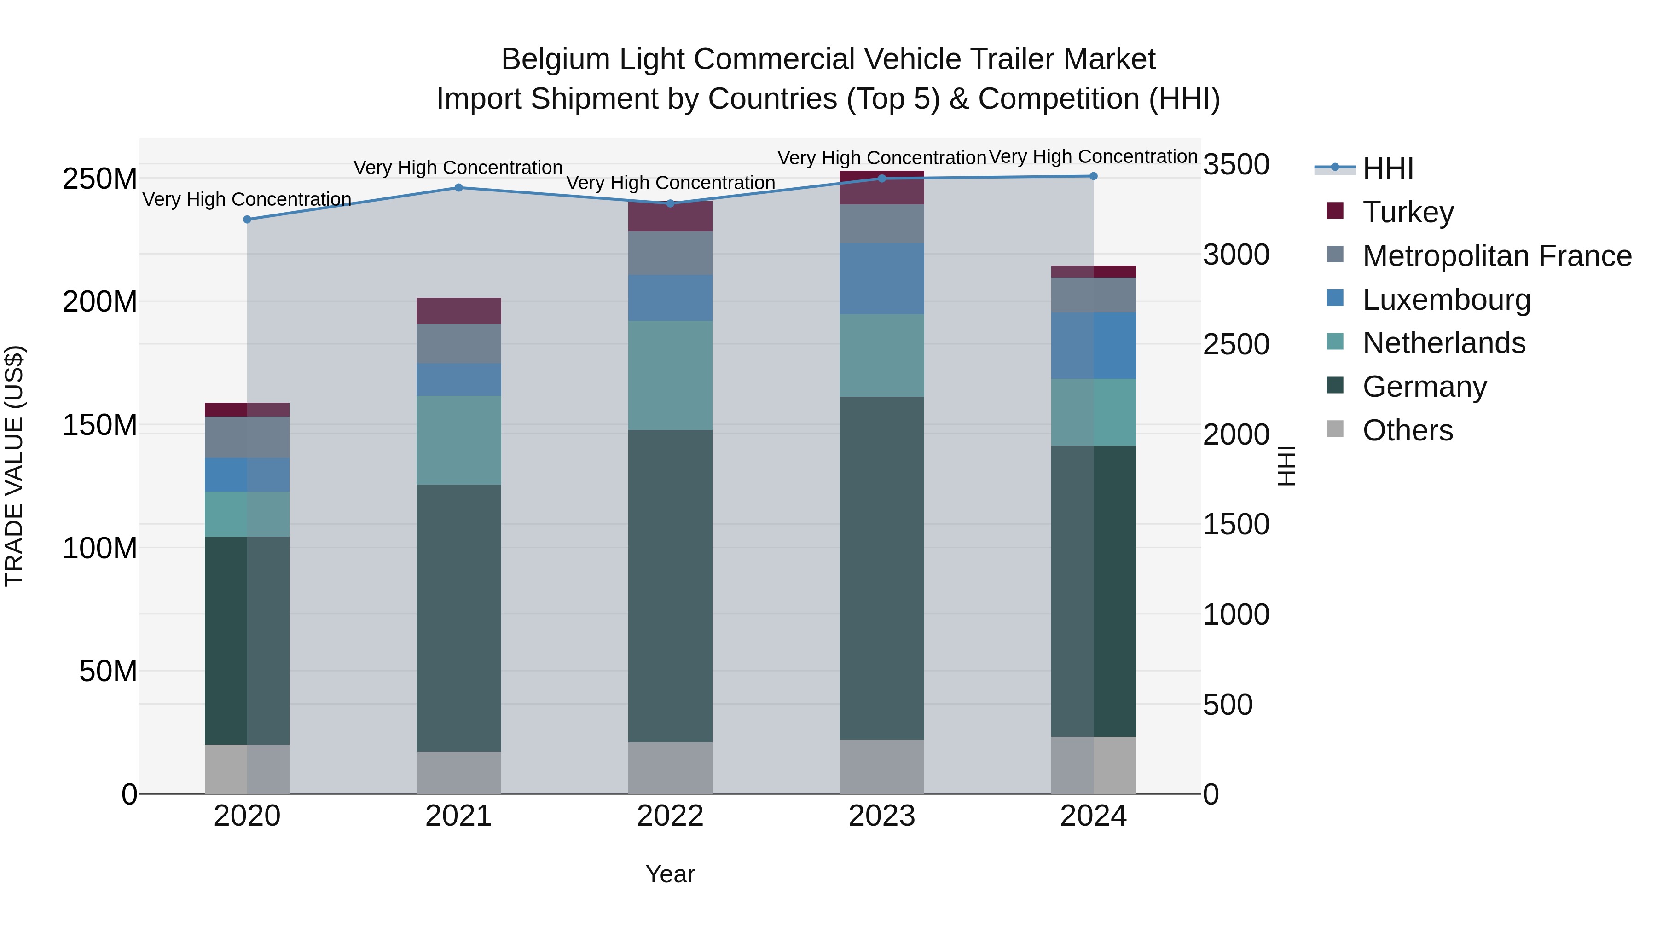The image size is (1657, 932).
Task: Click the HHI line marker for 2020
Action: (x=247, y=220)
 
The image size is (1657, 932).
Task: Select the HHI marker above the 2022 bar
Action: (x=670, y=203)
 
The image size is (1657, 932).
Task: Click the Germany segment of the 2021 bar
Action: (x=458, y=618)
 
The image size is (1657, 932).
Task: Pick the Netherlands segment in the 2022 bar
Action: (x=670, y=375)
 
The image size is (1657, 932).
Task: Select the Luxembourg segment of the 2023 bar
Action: (x=881, y=278)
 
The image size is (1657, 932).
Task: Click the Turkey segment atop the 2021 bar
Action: (x=458, y=311)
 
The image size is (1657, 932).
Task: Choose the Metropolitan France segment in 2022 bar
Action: (x=670, y=253)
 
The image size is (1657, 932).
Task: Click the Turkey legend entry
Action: (x=1408, y=212)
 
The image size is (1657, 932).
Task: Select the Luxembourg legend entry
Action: (x=1446, y=300)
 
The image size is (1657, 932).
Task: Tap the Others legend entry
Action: (x=1408, y=430)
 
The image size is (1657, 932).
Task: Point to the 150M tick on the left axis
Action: (x=100, y=425)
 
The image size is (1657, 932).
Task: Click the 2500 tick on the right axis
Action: (x=1236, y=345)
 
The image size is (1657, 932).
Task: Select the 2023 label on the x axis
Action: (x=881, y=816)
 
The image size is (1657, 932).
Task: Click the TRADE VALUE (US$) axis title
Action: (x=15, y=466)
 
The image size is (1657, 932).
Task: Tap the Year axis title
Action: (x=670, y=874)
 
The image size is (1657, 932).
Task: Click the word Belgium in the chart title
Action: (x=555, y=59)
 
